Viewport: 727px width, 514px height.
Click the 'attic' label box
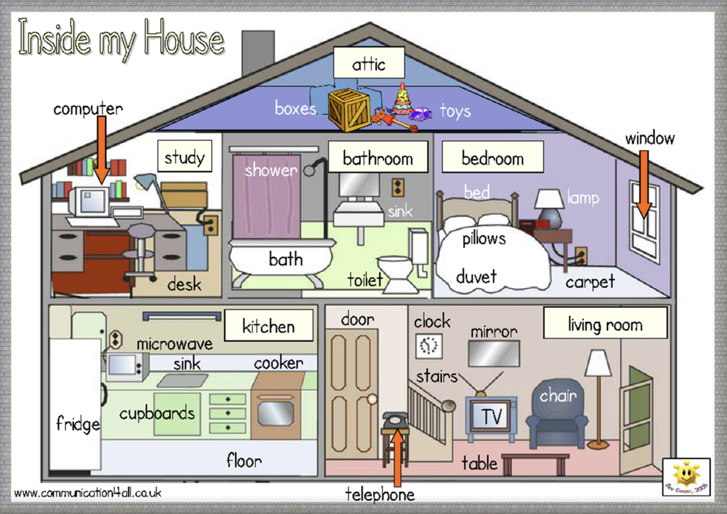coord(369,63)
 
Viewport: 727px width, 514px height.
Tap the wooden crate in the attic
coord(349,110)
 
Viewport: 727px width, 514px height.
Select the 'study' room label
coord(185,156)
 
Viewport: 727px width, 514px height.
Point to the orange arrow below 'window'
coord(644,183)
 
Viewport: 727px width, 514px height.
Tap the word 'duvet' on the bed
coord(476,277)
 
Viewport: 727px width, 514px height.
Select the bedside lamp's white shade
coord(549,199)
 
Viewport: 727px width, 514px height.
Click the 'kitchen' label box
coord(268,325)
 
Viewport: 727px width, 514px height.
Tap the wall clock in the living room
coord(429,346)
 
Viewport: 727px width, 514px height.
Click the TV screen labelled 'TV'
coord(491,416)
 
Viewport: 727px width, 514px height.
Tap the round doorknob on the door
coord(372,399)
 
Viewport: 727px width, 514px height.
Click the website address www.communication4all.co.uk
coord(88,493)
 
